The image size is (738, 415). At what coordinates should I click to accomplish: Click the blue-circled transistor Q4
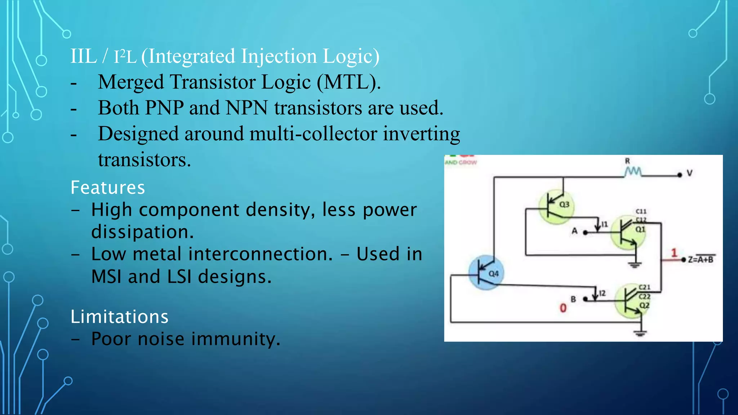[486, 273]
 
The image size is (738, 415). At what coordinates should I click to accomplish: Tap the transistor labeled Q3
[556, 206]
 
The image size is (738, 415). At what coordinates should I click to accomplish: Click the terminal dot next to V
[680, 175]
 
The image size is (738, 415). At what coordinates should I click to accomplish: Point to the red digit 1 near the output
[674, 253]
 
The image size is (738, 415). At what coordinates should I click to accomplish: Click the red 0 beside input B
[563, 308]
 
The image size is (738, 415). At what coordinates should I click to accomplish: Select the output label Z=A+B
[701, 259]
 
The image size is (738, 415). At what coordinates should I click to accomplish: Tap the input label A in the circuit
[574, 231]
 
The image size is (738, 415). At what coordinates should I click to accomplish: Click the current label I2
[602, 293]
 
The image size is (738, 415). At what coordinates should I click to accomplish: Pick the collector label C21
[644, 287]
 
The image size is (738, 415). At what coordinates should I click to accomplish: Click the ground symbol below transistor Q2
[640, 333]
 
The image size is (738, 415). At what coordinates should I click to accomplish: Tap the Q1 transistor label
[640, 229]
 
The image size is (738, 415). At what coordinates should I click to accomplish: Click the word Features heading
[107, 188]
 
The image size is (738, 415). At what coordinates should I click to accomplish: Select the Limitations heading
[119, 317]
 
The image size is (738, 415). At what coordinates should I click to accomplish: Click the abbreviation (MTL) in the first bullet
[348, 82]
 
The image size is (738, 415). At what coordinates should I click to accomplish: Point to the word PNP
[164, 108]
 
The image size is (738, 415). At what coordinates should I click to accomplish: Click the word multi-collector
[313, 134]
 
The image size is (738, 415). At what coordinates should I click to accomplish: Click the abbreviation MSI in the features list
[106, 277]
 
